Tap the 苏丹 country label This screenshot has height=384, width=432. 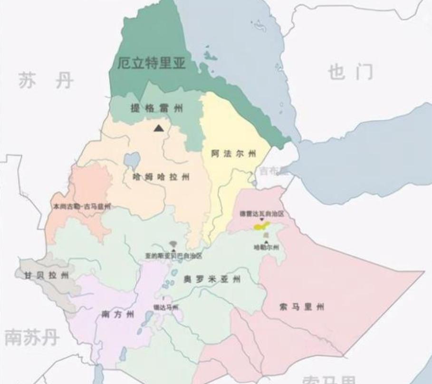tap(46, 80)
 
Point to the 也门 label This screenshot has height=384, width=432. tap(350, 72)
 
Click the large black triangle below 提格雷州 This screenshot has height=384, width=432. tap(159, 127)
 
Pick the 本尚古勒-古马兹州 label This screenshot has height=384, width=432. tap(82, 207)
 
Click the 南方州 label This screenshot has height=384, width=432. tap(118, 314)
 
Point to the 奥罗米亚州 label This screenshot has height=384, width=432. tap(212, 279)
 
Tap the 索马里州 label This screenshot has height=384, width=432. tap(302, 307)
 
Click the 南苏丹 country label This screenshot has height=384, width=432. tap(32, 337)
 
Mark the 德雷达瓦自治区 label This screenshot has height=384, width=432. tap(261, 214)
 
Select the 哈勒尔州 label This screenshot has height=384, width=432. tap(266, 247)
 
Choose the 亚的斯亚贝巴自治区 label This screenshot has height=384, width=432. tap(173, 256)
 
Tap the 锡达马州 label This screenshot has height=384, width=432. tap(165, 307)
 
